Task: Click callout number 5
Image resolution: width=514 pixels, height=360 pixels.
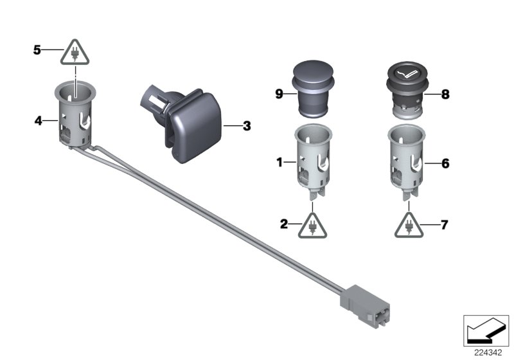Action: click(37, 49)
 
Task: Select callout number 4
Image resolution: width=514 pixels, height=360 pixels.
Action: click(37, 120)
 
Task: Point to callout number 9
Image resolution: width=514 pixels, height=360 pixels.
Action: click(279, 94)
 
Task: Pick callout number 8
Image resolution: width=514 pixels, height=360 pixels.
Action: click(445, 94)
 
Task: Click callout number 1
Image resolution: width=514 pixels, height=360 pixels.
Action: click(279, 163)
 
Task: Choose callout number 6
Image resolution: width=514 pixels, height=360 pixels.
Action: click(445, 163)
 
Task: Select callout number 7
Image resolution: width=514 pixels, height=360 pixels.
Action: click(445, 224)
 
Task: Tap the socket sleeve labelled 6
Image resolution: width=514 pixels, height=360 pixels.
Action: click(407, 161)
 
